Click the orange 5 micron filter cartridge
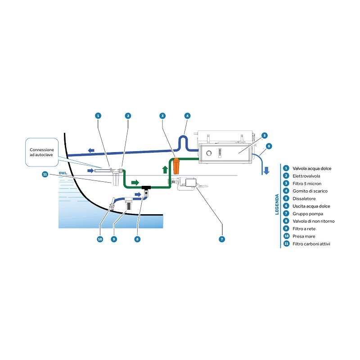(176, 166)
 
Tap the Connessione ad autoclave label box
(42, 153)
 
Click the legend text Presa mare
(304, 236)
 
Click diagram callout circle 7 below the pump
(222, 239)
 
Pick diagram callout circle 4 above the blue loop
(187, 116)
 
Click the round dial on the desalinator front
(209, 153)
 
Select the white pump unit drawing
(189, 184)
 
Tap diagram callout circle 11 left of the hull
(45, 174)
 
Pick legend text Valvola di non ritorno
(313, 221)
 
